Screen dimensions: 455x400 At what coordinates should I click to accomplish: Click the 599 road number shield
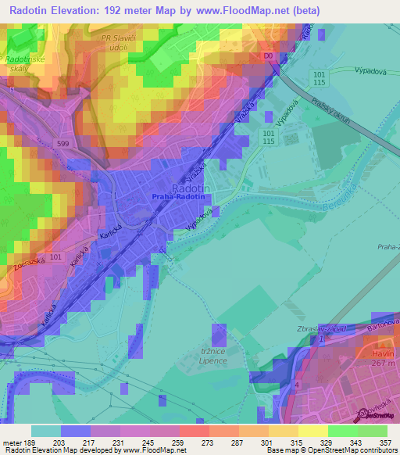[x=66, y=142]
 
